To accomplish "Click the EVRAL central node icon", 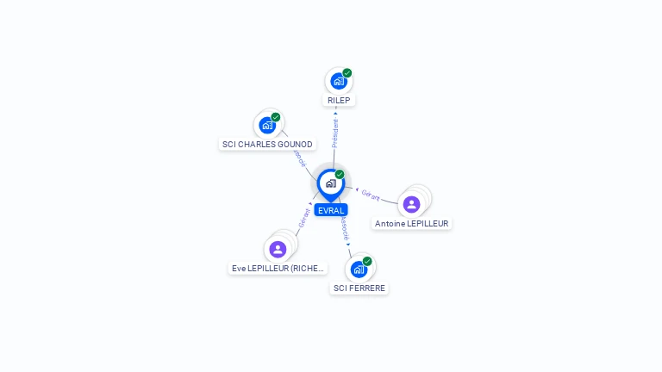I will coord(330,183).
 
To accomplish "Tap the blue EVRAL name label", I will coord(331,210).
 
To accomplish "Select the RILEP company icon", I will coord(339,81).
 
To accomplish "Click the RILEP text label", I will coord(339,100).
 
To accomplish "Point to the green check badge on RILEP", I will coord(347,73).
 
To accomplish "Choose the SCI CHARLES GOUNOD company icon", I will coord(267,125).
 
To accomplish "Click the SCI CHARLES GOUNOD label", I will coord(267,144).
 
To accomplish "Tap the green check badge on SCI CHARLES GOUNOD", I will coord(276,117).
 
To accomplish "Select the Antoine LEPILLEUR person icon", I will coord(411,204).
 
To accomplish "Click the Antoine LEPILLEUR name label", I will coord(412,223).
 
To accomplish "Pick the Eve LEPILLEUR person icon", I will coord(278,250).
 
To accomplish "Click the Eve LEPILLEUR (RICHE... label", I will coord(278,268).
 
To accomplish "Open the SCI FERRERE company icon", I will coord(359,269).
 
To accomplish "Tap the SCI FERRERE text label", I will coord(359,288).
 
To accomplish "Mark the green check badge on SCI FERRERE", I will coord(367,261).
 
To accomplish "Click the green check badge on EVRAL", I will coord(340,175).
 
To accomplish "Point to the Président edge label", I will coord(335,133).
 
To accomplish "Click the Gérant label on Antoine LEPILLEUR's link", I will coord(371,195).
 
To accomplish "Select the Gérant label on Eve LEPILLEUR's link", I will coord(304,217).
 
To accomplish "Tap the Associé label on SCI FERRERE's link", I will coord(344,227).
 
